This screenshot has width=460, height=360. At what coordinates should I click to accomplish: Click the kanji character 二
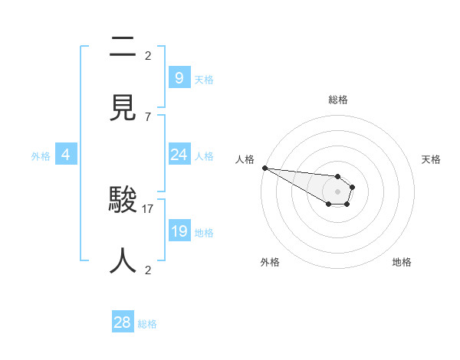[x=123, y=47]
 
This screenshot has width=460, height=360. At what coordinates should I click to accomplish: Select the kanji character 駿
[x=123, y=201]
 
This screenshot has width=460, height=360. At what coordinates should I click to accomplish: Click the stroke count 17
[x=148, y=208]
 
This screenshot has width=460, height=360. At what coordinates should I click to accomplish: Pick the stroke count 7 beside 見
[x=148, y=116]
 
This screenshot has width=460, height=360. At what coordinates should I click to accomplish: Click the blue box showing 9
[x=179, y=78]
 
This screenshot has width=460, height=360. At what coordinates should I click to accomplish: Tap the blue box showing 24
[x=179, y=155]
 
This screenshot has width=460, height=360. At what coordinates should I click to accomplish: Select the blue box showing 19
[x=179, y=231]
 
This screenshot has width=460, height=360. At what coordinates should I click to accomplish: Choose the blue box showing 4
[x=65, y=155]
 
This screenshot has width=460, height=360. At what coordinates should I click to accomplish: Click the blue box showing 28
[x=123, y=322]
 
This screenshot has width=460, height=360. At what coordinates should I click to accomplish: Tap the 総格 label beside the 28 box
[x=147, y=324]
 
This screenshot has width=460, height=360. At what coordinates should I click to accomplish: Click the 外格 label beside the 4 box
[x=41, y=155]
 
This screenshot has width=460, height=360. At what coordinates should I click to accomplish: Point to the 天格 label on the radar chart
[x=432, y=159]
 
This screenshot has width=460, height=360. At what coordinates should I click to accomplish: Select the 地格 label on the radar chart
[x=402, y=262]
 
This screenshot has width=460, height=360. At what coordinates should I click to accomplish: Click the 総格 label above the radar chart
[x=338, y=100]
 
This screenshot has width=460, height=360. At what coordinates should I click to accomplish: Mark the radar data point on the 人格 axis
[x=264, y=168]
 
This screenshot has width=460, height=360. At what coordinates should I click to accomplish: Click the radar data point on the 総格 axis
[x=337, y=177]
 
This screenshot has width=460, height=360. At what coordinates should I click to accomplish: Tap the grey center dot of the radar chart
[x=337, y=191]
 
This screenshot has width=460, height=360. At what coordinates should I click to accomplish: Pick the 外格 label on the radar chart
[x=270, y=262]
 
